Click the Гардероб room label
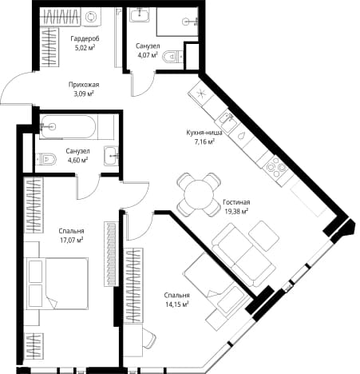pos(85,39)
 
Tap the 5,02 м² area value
pos(85,48)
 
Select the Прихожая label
pos(84,85)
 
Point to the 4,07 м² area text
pos(148,55)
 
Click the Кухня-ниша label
pos(204,133)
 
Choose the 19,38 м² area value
pos(236,212)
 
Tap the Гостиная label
pos(236,202)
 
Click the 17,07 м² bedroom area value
pos(71,241)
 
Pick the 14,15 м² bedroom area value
pos(177,304)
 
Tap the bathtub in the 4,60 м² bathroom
pos(69,127)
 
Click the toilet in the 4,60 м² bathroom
pos(46,159)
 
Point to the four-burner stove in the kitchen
pos(275,167)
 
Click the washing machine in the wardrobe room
pos(90,17)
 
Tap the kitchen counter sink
pos(227,119)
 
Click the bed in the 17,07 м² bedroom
pos(57,283)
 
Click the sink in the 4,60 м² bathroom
pos(111,156)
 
